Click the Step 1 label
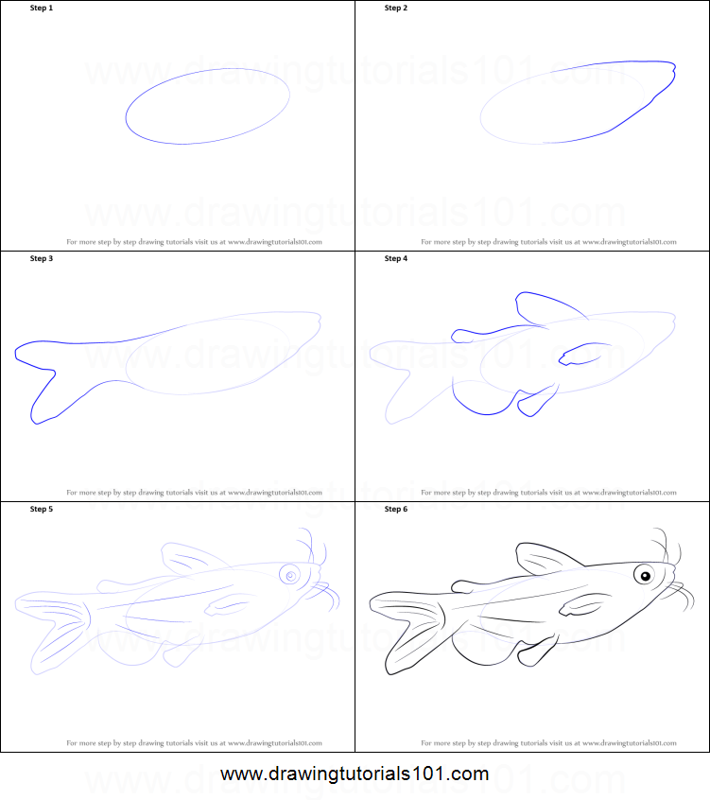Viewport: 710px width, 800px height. (x=43, y=8)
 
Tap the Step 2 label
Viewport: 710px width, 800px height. (x=396, y=8)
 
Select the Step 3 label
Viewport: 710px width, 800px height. (x=43, y=258)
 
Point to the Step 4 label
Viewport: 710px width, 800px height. (x=396, y=258)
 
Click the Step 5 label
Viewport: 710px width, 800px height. (x=43, y=509)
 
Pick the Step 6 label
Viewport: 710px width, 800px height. (x=396, y=509)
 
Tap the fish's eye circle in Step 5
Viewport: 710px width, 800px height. (x=290, y=575)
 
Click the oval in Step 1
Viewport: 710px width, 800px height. (x=208, y=106)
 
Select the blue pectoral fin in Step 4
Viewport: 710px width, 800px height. (x=580, y=356)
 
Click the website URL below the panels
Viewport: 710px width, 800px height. (x=355, y=774)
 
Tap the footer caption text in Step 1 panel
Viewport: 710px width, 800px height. (x=194, y=242)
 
